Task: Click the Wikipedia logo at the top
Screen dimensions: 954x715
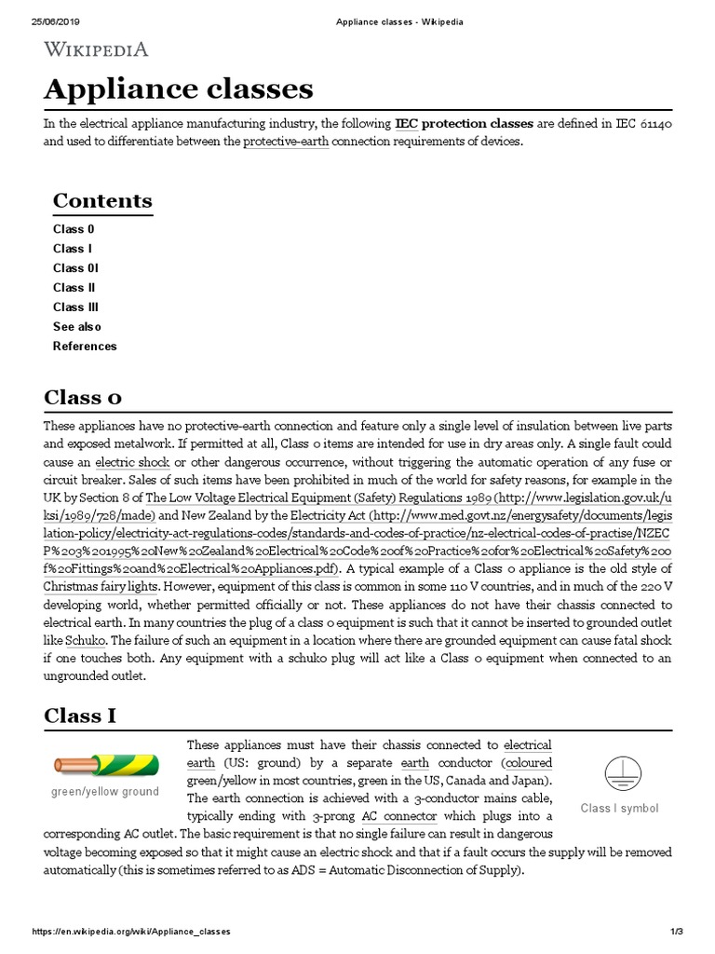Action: pos(96,49)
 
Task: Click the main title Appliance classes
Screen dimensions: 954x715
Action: pos(179,89)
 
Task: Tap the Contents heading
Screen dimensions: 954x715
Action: pos(102,200)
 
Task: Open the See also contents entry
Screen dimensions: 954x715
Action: pos(77,327)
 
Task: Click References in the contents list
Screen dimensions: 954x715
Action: pos(85,347)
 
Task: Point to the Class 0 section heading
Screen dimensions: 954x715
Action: pos(83,397)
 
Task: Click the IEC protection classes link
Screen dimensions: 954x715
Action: pos(464,123)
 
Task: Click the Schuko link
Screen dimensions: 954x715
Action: pos(86,641)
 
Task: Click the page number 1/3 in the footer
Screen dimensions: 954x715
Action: pos(677,931)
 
